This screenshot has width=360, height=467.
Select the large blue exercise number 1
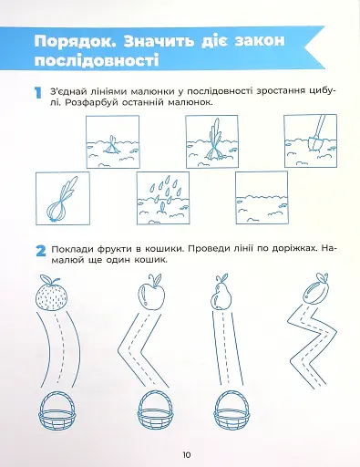click(37, 93)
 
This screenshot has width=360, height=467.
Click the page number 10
click(185, 455)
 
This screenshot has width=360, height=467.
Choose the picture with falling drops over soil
click(168, 197)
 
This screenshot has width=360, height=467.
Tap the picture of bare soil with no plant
click(265, 197)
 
